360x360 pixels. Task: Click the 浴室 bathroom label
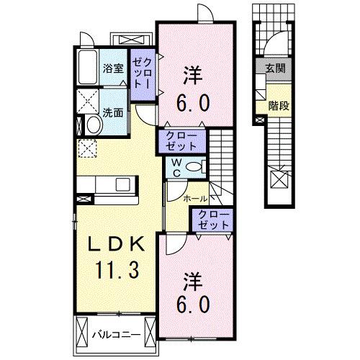pos(112,69)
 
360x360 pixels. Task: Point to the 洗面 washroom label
pos(112,113)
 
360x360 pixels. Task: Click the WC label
pos(176,167)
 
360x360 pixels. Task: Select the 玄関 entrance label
pos(275,69)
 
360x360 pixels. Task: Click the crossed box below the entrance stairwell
pos(278,179)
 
